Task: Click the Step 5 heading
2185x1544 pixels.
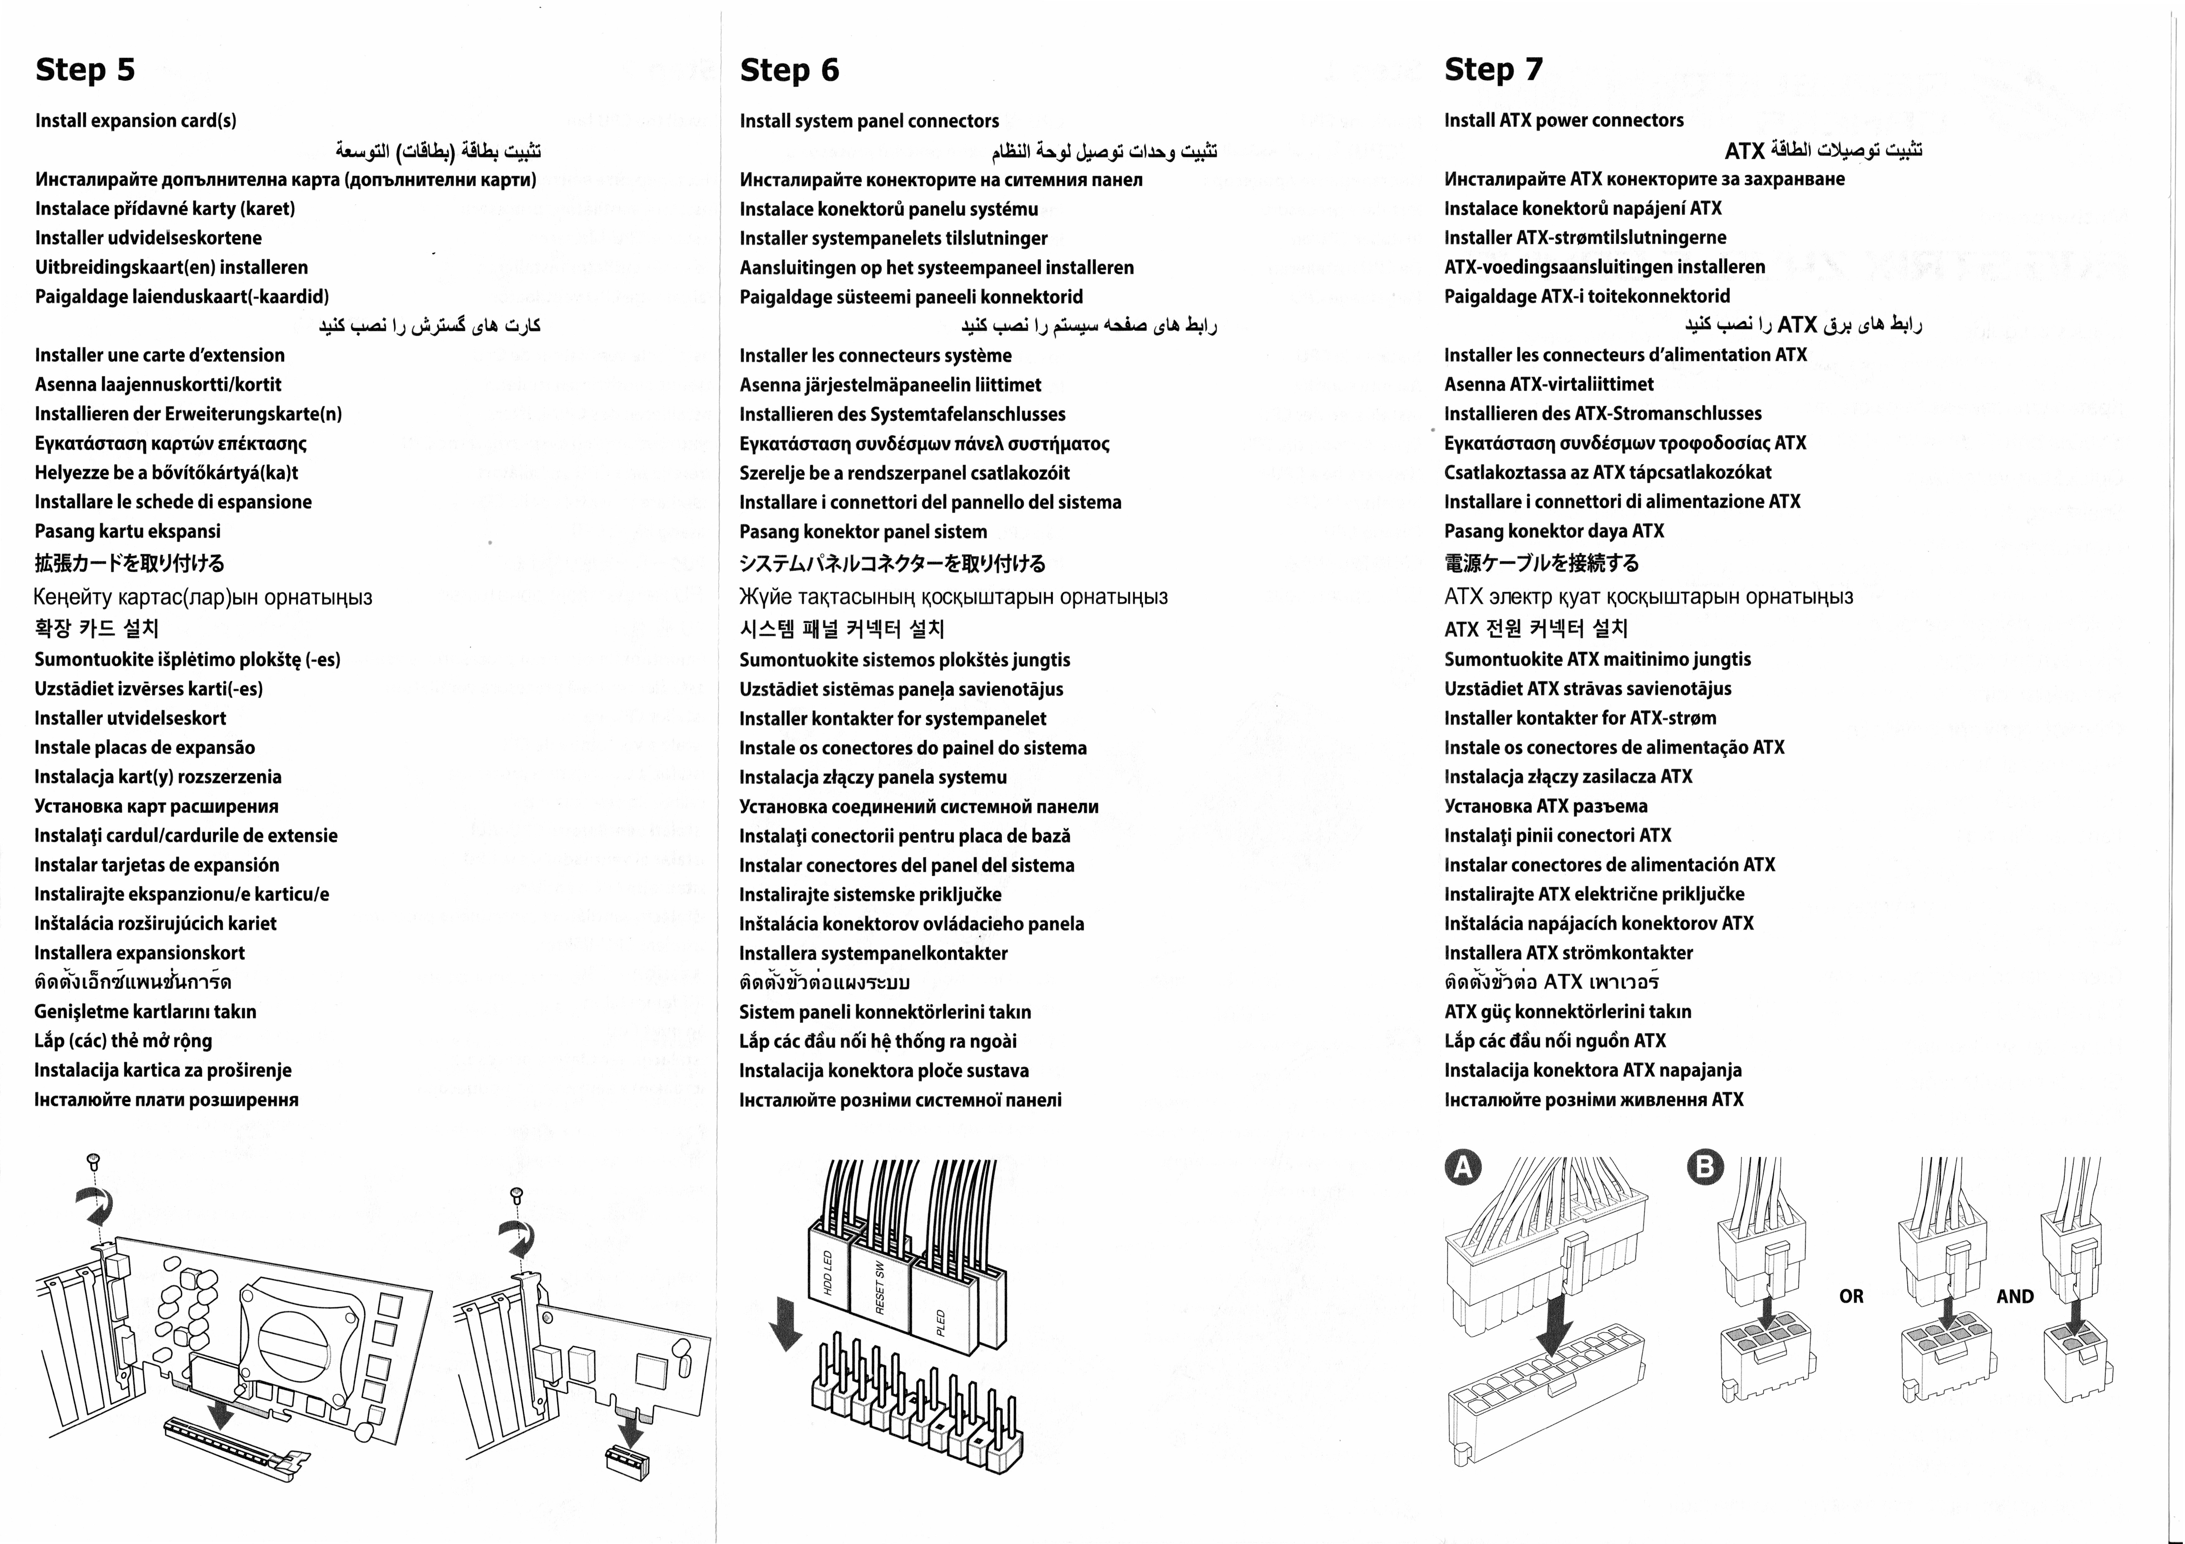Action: coord(85,69)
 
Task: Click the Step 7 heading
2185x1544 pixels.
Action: coord(1493,69)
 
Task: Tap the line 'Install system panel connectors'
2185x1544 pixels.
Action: coord(869,121)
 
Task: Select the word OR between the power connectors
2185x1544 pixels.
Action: coord(1851,1297)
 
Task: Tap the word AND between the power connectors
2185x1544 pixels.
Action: coord(2015,1297)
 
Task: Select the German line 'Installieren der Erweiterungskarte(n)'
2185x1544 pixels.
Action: coord(188,414)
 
